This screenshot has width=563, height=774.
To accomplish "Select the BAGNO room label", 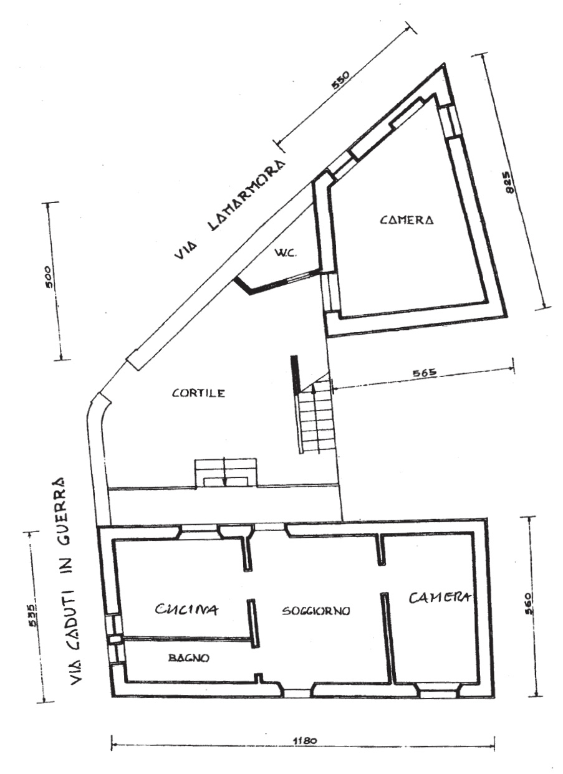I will pos(188,657).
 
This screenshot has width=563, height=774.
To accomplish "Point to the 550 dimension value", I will pos(342,82).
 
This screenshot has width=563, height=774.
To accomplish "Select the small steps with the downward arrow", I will pos(224,472).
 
